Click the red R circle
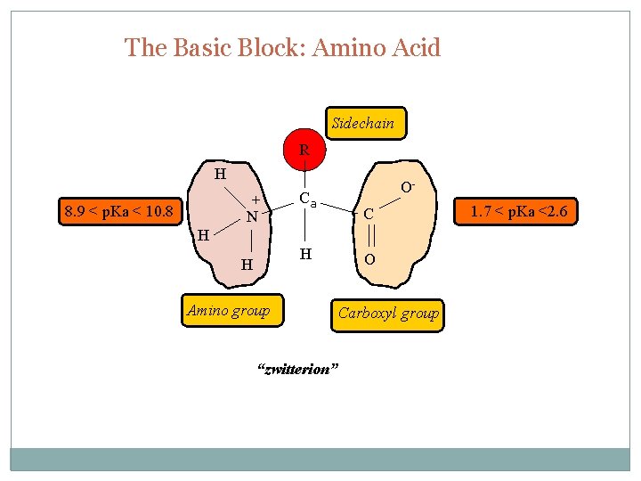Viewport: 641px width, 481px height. coord(304,150)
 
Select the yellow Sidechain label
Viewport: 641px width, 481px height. coord(362,124)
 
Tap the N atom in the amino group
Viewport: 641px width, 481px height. coord(253,216)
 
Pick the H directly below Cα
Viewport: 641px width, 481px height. coord(305,255)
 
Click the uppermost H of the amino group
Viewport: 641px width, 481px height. coord(219,174)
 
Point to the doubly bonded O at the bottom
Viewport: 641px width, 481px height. coord(369,259)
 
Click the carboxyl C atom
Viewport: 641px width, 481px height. coord(367,215)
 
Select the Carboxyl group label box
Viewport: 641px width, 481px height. coord(388,314)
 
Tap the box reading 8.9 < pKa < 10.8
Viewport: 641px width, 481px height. coord(119,212)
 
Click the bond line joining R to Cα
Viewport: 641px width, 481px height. coord(304,177)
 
